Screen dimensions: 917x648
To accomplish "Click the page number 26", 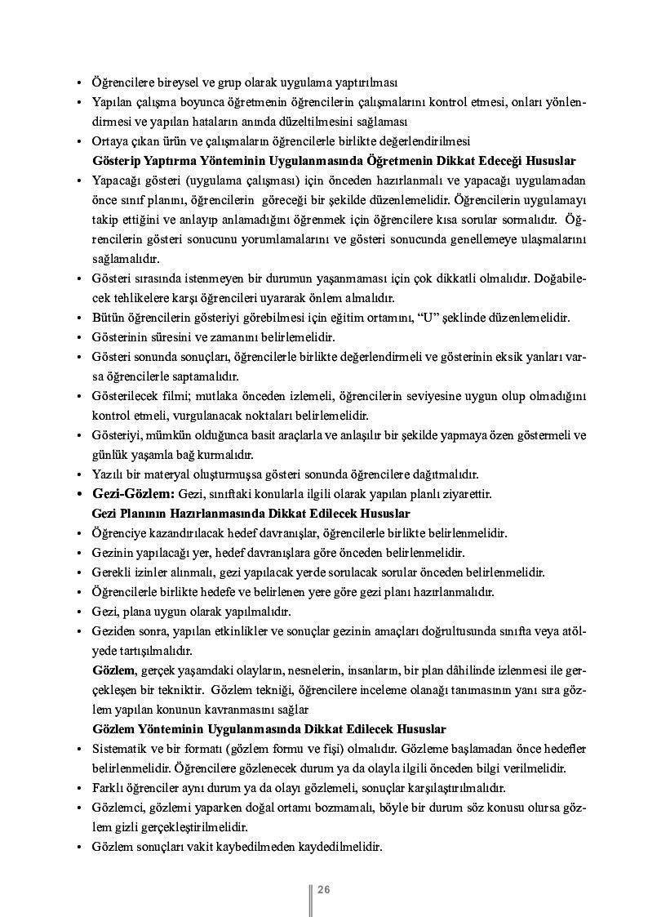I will coord(323,889).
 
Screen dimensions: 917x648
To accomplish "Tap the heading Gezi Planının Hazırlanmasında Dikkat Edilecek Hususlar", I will coord(251,514).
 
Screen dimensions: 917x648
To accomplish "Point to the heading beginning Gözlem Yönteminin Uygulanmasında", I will coord(269,728).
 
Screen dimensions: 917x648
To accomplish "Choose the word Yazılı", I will coord(106,474).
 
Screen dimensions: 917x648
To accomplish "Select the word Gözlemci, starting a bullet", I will coord(119,808).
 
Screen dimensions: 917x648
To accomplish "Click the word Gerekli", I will coord(112,572).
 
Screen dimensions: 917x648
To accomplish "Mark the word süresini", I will coord(171,337).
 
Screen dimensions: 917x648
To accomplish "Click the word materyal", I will coord(166,474).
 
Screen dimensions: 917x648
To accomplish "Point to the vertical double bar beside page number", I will coord(311,898).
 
